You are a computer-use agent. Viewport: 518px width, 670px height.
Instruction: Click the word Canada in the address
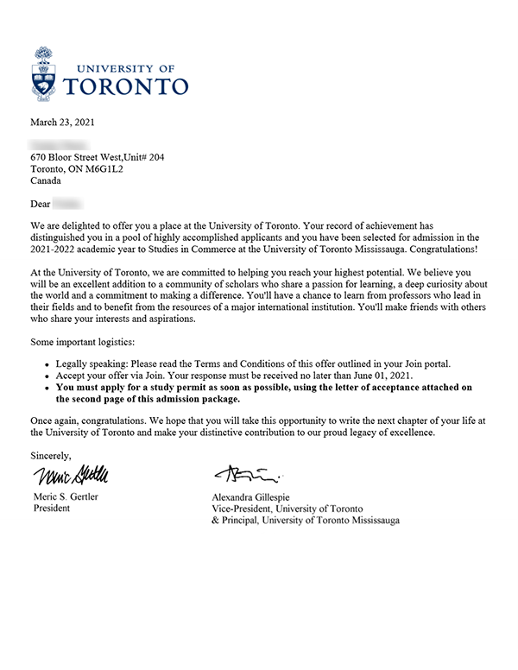click(x=47, y=182)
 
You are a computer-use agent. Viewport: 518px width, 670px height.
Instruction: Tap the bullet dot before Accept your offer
click(x=47, y=376)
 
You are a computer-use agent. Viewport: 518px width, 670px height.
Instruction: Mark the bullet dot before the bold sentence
click(x=47, y=389)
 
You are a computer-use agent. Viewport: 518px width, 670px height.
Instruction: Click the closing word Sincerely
click(x=51, y=454)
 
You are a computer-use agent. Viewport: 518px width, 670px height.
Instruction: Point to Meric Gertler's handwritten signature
click(x=73, y=476)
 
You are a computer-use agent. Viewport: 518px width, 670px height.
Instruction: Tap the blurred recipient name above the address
click(x=60, y=142)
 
